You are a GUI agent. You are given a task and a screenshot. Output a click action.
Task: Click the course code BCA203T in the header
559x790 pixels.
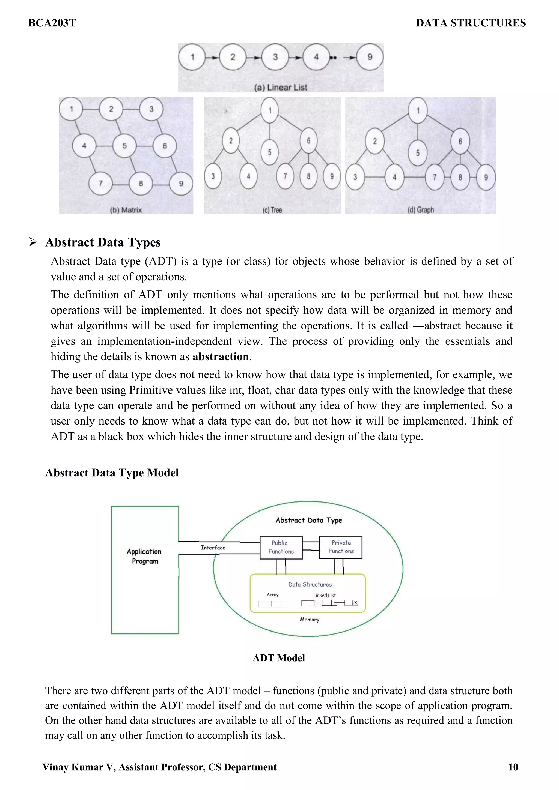(x=52, y=23)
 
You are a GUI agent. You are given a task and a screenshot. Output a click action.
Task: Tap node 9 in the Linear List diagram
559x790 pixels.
(x=370, y=57)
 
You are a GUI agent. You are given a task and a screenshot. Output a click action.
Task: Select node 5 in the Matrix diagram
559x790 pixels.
(x=125, y=146)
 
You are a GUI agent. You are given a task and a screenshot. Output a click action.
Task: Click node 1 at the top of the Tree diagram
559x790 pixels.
(x=270, y=110)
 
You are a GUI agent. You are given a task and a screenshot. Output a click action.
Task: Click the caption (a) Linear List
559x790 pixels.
(x=280, y=87)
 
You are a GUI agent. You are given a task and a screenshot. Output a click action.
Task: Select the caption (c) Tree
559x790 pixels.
(x=272, y=210)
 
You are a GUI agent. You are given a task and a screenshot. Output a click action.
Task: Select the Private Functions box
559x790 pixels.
(x=341, y=547)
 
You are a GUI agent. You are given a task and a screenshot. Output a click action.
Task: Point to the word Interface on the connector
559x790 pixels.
(x=213, y=547)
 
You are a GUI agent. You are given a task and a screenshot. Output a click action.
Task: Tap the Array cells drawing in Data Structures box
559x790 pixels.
(x=272, y=604)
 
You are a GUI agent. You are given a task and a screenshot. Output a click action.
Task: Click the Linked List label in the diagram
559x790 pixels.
(x=324, y=595)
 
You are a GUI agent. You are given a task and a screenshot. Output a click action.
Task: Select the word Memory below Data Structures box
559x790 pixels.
(x=309, y=619)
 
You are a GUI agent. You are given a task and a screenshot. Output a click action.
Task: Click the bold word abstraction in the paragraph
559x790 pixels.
(x=221, y=356)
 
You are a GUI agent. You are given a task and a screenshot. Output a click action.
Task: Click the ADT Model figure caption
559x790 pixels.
(x=279, y=658)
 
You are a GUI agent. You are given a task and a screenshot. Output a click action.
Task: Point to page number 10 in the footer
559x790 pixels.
(x=513, y=767)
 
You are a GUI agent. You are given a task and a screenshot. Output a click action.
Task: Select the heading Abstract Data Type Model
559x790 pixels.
(x=112, y=473)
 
